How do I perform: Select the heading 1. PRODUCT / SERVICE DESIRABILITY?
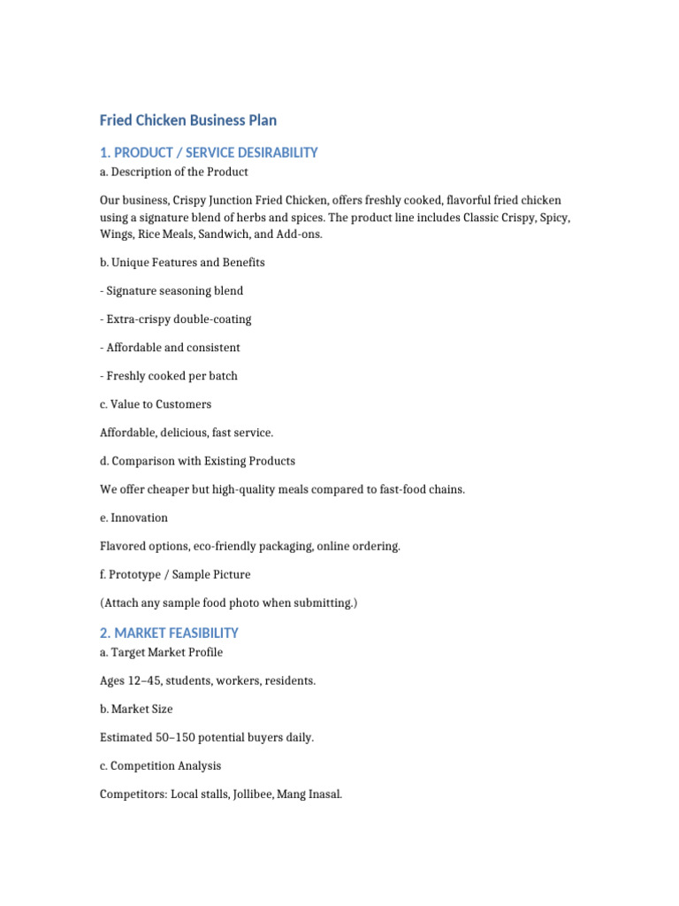point(209,153)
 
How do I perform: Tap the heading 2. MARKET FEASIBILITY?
point(169,633)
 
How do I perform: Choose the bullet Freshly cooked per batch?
point(169,376)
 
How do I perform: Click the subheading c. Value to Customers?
point(156,404)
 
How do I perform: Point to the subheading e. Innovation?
point(134,518)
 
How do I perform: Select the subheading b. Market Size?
point(136,710)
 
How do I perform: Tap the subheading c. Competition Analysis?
point(161,766)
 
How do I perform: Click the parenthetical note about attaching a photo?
point(228,603)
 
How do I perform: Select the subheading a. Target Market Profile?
point(162,653)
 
